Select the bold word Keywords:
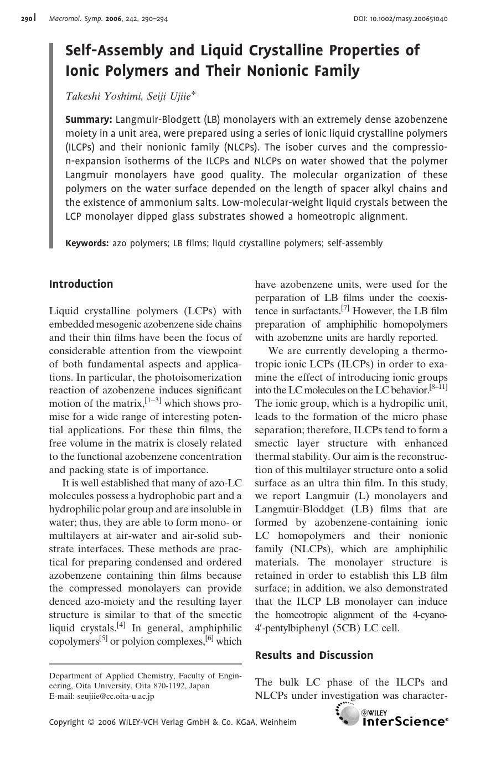point(87,243)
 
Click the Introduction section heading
point(81,284)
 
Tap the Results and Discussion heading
point(314,656)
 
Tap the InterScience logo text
point(404,722)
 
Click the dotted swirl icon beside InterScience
point(347,714)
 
